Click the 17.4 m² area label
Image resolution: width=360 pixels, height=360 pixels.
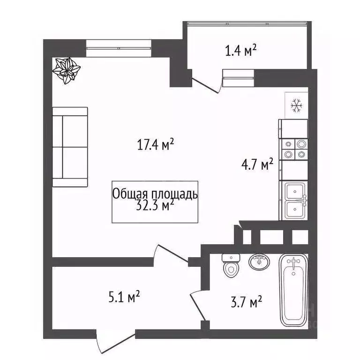point(156,144)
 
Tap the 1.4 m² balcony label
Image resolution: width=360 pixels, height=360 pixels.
point(241,50)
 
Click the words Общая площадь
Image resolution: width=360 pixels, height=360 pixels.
point(155,194)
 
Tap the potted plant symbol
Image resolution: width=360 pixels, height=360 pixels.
point(65,70)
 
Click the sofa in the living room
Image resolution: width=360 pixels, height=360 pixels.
point(70,147)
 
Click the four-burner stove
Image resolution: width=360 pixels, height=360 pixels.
point(294,149)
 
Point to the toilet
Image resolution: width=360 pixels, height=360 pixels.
point(231,267)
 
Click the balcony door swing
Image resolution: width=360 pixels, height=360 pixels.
point(206,83)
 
